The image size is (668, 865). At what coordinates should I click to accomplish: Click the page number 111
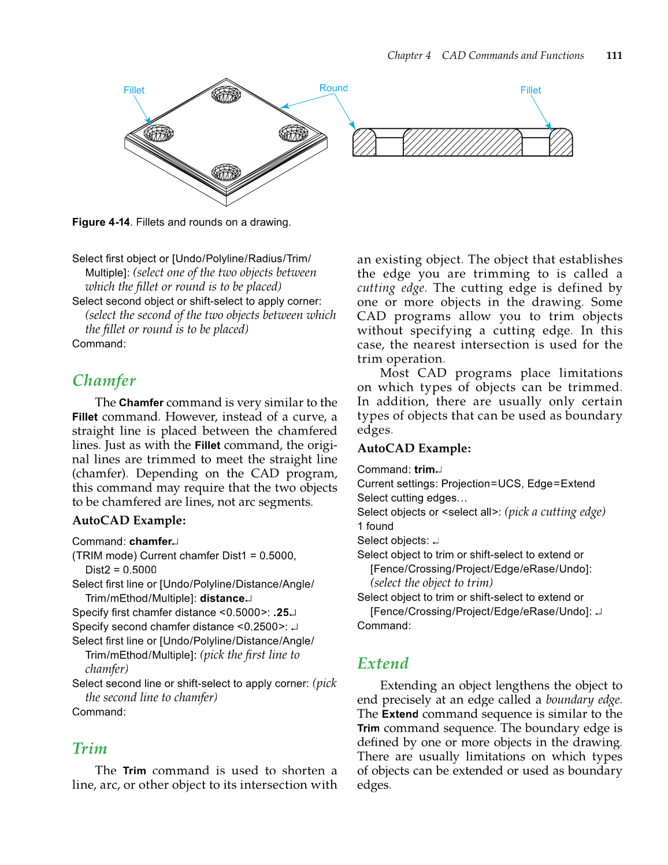pyautogui.click(x=614, y=55)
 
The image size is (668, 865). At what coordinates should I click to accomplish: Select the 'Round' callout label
pyautogui.click(x=333, y=88)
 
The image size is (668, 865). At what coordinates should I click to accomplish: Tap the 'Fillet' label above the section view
pyautogui.click(x=530, y=90)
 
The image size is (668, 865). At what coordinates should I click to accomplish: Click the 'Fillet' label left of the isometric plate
pyautogui.click(x=133, y=90)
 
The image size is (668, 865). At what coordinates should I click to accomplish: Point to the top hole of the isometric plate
pyautogui.click(x=226, y=94)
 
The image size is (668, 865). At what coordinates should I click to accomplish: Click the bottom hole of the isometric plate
pyautogui.click(x=226, y=172)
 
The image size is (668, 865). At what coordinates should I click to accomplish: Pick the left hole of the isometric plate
pyautogui.click(x=158, y=133)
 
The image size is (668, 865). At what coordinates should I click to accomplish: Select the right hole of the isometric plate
pyautogui.click(x=294, y=133)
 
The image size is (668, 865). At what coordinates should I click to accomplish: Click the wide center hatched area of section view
pyautogui.click(x=462, y=143)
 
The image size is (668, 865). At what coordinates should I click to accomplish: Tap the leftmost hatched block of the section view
pyautogui.click(x=364, y=143)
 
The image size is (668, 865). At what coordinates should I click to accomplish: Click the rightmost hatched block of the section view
pyautogui.click(x=561, y=143)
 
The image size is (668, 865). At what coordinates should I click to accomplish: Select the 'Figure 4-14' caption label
pyautogui.click(x=101, y=222)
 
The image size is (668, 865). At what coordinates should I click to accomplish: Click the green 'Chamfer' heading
pyautogui.click(x=104, y=380)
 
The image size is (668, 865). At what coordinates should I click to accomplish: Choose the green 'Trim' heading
pyautogui.click(x=90, y=748)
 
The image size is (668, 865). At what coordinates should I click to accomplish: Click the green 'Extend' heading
pyautogui.click(x=383, y=663)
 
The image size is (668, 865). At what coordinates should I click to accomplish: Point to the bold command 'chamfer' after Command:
pyautogui.click(x=151, y=541)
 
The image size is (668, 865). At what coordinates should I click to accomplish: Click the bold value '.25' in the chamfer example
pyautogui.click(x=281, y=612)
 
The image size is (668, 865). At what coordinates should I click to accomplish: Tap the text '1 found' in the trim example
pyautogui.click(x=375, y=526)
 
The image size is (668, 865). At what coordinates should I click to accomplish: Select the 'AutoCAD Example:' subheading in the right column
pyautogui.click(x=414, y=448)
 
